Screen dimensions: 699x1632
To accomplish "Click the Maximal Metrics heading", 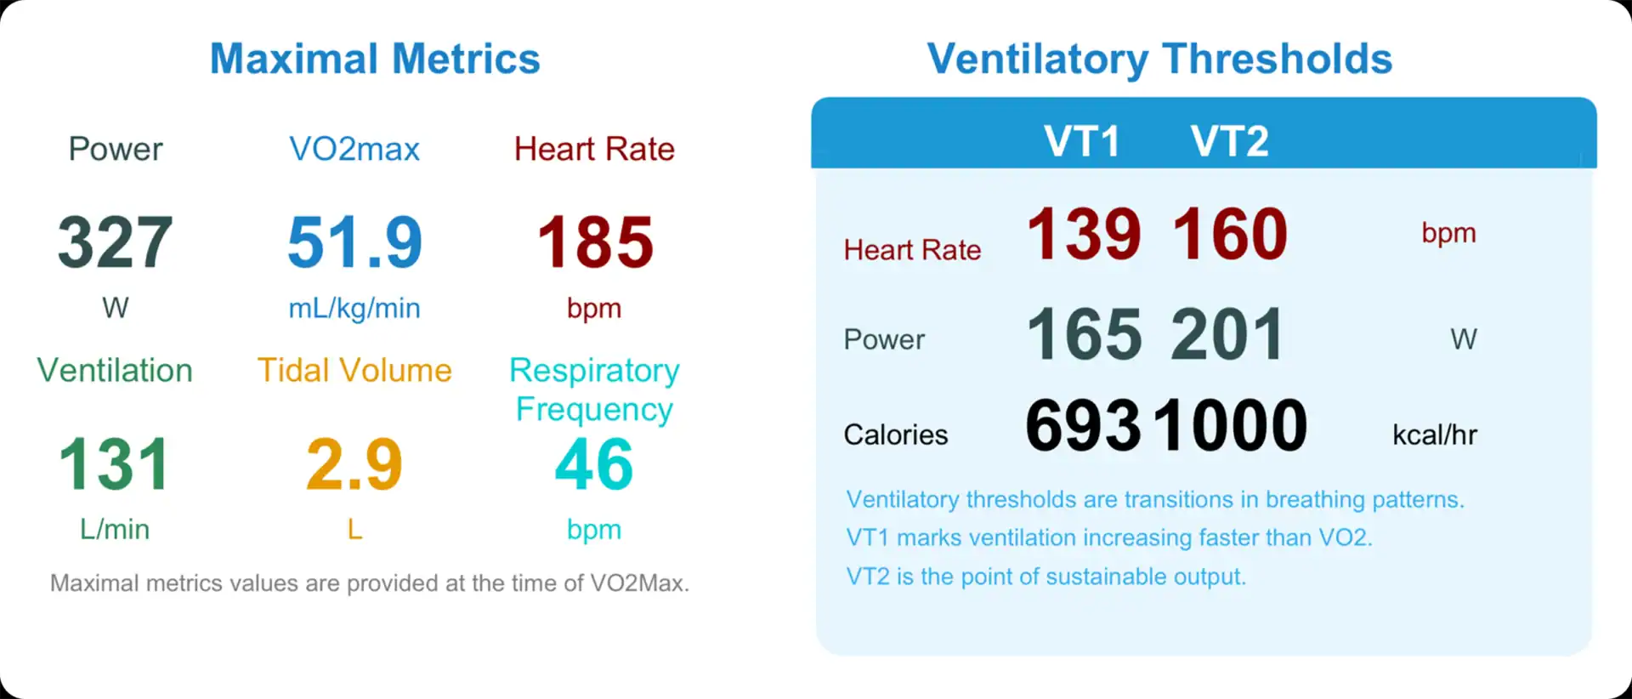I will pyautogui.click(x=375, y=59).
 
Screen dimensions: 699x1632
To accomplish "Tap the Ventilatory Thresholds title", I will pyautogui.click(x=1159, y=59).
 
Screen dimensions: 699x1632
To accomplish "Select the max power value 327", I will pyautogui.click(x=116, y=242).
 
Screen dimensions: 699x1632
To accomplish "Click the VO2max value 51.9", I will pyautogui.click(x=354, y=242).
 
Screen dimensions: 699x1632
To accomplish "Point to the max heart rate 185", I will pyautogui.click(x=595, y=242).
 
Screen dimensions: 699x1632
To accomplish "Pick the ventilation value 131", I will pyautogui.click(x=114, y=464).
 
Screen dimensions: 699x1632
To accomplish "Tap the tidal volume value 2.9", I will pyautogui.click(x=354, y=464).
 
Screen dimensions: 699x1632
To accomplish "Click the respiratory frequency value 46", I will pyautogui.click(x=594, y=464).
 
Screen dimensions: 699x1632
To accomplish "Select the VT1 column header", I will pyautogui.click(x=1081, y=140).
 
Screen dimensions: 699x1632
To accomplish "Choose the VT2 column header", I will pyautogui.click(x=1229, y=140).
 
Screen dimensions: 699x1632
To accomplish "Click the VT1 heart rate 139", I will pyautogui.click(x=1084, y=234).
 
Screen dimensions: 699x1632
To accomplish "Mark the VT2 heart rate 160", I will pyautogui.click(x=1230, y=234).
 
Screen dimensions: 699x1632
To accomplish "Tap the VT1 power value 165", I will pyautogui.click(x=1084, y=334).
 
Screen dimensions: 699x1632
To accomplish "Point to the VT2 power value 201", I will pyautogui.click(x=1227, y=334).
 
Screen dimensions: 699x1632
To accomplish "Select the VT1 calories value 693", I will pyautogui.click(x=1083, y=426).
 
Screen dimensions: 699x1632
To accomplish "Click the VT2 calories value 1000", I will pyautogui.click(x=1231, y=426).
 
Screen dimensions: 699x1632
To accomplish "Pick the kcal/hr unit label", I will pyautogui.click(x=1435, y=435).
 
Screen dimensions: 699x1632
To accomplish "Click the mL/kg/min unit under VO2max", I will pyautogui.click(x=354, y=308).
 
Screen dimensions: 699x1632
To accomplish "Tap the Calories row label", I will pyautogui.click(x=895, y=435).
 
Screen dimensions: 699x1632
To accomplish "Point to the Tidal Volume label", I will pyautogui.click(x=354, y=371).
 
